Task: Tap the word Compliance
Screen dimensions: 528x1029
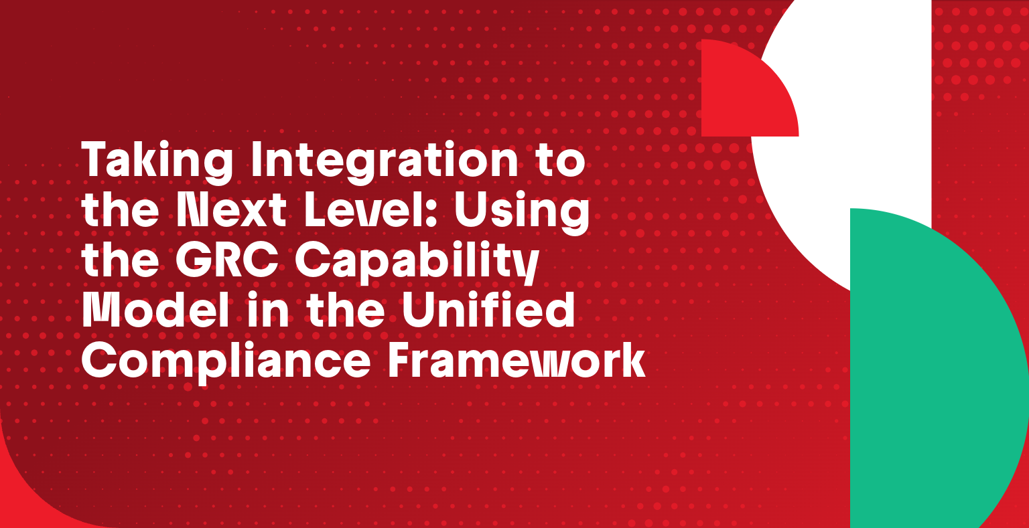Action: point(226,361)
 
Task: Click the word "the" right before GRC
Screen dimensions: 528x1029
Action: point(120,261)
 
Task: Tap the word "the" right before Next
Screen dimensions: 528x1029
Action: point(120,211)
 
